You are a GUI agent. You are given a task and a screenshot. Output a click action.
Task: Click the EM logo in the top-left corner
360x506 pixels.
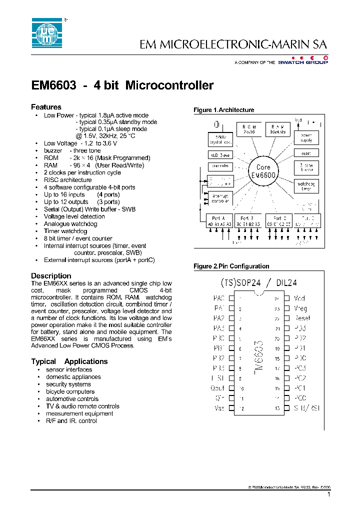click(x=46, y=33)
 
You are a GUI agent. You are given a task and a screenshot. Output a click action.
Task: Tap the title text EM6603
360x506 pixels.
click(x=53, y=85)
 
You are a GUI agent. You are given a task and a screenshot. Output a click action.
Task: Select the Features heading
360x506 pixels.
click(x=46, y=107)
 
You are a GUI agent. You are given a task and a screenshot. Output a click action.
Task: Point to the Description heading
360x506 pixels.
click(x=51, y=275)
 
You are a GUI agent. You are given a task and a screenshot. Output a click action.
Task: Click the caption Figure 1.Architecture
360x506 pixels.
click(x=223, y=110)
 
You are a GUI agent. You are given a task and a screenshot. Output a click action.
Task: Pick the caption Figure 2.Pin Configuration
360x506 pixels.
click(x=231, y=266)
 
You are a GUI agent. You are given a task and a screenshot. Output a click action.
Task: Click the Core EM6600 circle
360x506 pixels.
click(x=263, y=171)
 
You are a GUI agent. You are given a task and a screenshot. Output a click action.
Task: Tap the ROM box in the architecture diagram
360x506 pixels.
click(x=248, y=129)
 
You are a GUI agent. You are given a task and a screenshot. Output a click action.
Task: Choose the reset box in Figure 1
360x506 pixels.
click(x=305, y=153)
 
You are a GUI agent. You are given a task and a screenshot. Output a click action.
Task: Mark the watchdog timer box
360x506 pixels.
click(x=305, y=186)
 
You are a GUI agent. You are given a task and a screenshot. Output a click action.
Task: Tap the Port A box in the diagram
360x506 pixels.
click(x=219, y=221)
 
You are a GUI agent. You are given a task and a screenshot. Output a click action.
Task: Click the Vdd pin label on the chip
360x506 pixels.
click(x=299, y=298)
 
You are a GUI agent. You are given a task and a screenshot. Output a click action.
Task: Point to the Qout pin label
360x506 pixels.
click(x=217, y=388)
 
